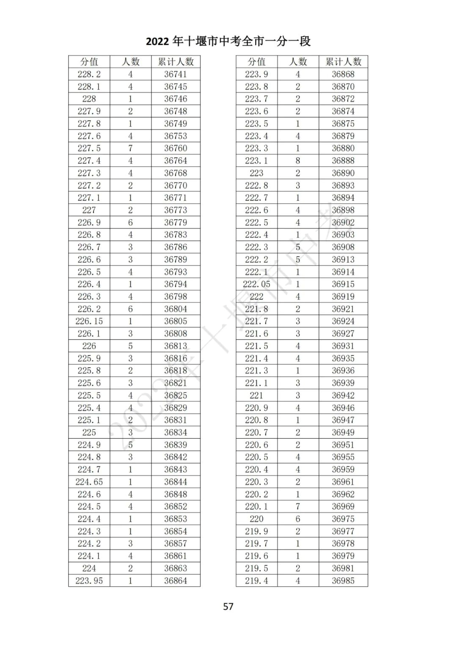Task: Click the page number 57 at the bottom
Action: tap(228, 606)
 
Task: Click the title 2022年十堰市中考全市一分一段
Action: tap(228, 41)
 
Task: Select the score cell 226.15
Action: tap(89, 321)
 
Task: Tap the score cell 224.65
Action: tap(89, 482)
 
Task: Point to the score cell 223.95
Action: tap(89, 580)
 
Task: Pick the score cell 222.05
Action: tap(256, 284)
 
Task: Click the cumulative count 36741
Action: tap(176, 74)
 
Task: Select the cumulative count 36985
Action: tap(343, 580)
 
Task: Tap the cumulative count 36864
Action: tap(176, 580)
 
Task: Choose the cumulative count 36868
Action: tap(343, 74)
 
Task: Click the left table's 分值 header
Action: tap(89, 62)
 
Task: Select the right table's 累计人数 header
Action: tap(343, 62)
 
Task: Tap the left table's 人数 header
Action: tap(130, 62)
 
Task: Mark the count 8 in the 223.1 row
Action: tap(298, 161)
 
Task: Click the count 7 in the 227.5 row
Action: tap(130, 148)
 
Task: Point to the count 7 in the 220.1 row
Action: tap(298, 506)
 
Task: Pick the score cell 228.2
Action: tap(89, 74)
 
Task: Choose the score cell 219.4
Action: tap(256, 580)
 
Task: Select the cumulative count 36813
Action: tap(176, 346)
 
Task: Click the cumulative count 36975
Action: tap(343, 519)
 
